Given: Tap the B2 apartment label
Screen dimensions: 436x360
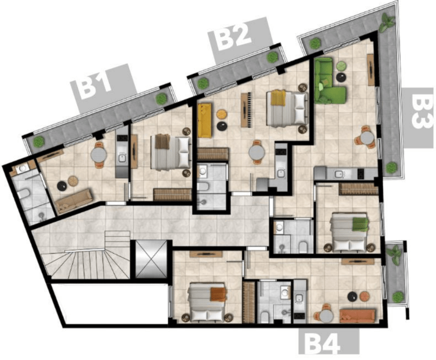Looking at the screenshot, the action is pos(234,37).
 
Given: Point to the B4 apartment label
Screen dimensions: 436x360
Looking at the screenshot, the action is pos(323,344).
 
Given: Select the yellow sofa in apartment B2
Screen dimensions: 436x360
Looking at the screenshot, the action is pos(204,120).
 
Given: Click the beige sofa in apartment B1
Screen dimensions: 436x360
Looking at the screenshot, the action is pos(73,201).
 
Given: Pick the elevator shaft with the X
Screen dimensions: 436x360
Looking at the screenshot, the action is pos(151,259).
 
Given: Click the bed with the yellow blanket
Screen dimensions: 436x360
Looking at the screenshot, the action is pos(287,108).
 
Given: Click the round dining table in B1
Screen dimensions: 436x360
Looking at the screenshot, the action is pos(98,155).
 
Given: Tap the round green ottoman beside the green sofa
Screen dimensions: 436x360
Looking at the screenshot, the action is pos(341,66).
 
